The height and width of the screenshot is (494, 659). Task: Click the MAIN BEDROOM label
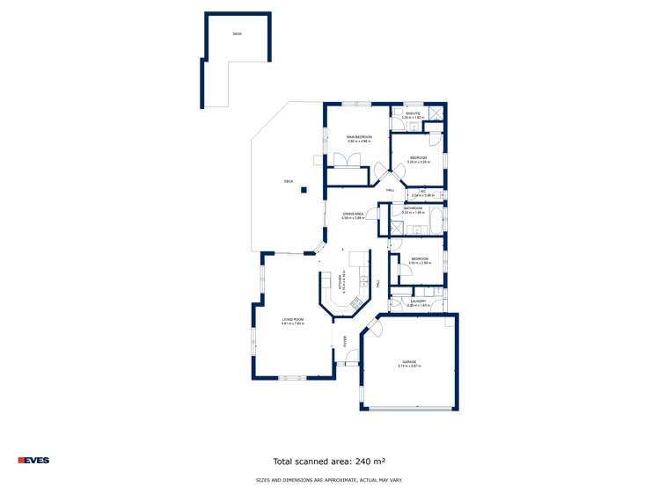(359, 137)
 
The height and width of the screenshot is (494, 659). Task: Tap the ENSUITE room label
(413, 113)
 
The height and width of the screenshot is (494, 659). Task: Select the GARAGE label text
(409, 361)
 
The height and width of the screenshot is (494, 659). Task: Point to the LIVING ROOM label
(293, 319)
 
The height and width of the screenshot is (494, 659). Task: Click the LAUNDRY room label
(416, 301)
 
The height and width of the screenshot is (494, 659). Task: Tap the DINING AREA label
(354, 214)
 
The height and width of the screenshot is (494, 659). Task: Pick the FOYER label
(345, 340)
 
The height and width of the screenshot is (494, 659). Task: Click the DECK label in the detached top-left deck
(237, 34)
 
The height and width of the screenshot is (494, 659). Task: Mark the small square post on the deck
(304, 190)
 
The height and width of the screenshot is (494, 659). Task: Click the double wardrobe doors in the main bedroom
(342, 159)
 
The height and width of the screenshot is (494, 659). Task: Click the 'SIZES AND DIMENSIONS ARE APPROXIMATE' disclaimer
(329, 480)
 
